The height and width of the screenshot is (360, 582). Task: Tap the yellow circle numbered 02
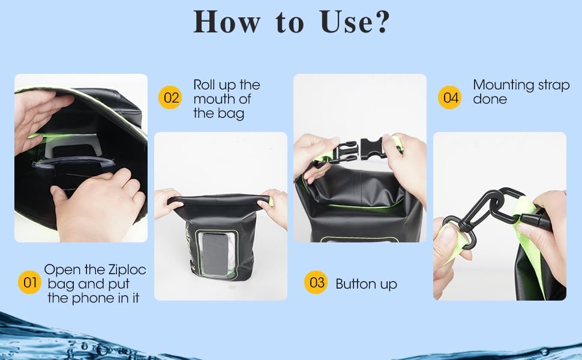(171, 98)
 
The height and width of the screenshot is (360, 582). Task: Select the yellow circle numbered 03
(316, 283)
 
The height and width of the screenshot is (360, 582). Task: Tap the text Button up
(366, 284)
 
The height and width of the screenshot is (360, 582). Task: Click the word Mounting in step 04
(503, 85)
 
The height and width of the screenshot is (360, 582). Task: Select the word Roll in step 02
(205, 85)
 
